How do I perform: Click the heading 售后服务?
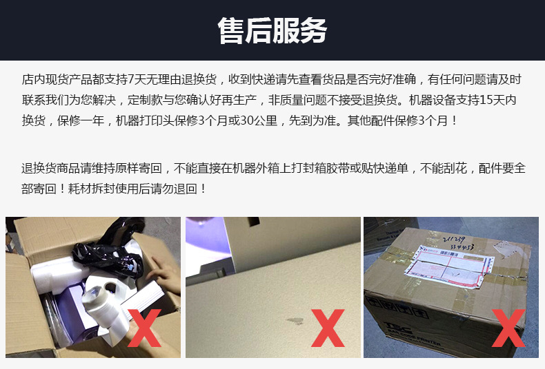coord(272,30)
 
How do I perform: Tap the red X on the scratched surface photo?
coord(327,328)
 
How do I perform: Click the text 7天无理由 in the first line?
coord(152,79)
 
